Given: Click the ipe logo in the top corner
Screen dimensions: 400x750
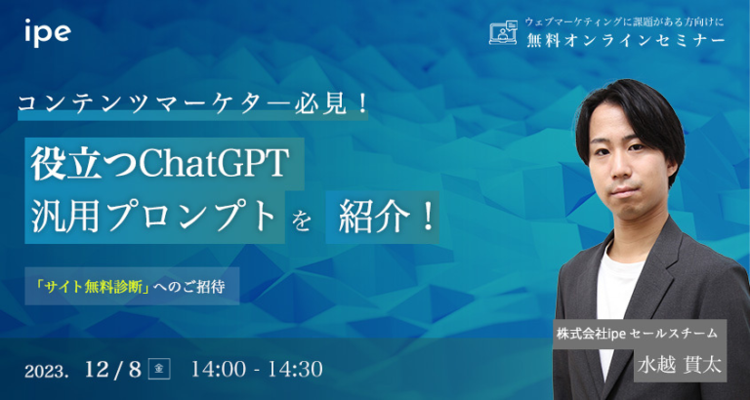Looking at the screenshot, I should (48, 31).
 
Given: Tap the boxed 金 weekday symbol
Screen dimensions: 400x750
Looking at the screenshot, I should (160, 369).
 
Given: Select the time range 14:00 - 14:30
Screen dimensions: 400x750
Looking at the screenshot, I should (257, 370).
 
